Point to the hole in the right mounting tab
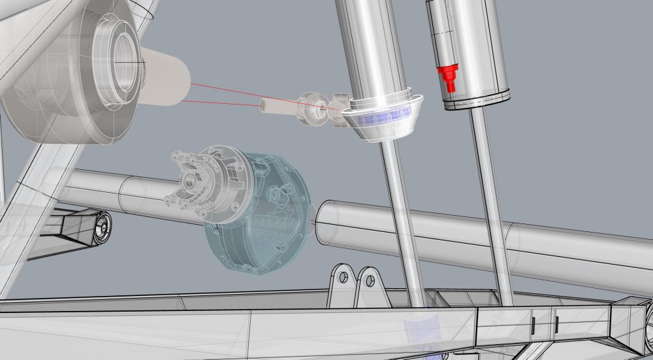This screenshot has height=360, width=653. (x=370, y=281)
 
